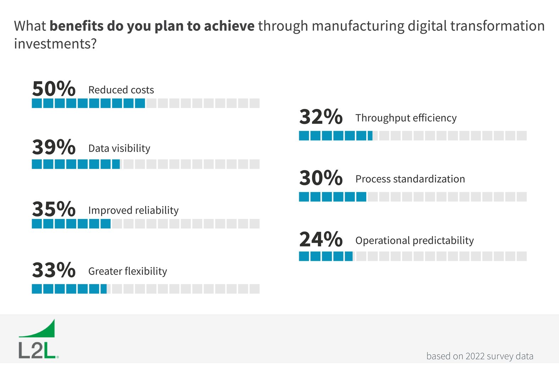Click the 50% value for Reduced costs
54,89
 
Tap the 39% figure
54,147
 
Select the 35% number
54,209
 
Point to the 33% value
54,270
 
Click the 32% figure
321,117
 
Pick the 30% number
321,178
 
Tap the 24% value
321,239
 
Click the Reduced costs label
121,90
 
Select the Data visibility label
119,148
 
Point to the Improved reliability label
133,210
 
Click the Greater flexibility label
128,272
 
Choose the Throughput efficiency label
406,118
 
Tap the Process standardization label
410,179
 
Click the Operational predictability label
415,241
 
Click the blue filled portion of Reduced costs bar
88,103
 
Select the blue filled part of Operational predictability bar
326,256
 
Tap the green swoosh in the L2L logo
43,330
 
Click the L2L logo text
37,351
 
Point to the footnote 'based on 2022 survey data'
479,356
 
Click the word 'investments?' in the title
55,44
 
